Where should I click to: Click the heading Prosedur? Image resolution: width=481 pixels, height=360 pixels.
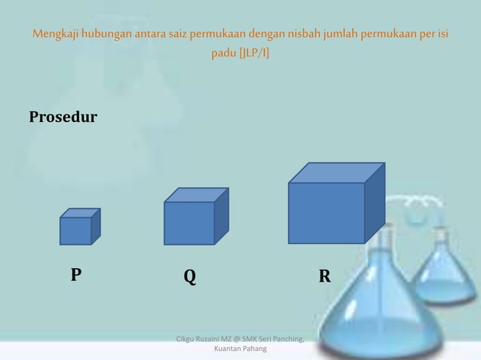point(63,118)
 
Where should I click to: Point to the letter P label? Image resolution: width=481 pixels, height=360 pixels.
point(76,275)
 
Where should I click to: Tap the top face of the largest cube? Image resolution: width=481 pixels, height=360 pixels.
point(337,172)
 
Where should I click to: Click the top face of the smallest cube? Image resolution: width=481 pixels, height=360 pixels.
point(81,213)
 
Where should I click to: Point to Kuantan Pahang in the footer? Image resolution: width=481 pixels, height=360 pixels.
point(240,349)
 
